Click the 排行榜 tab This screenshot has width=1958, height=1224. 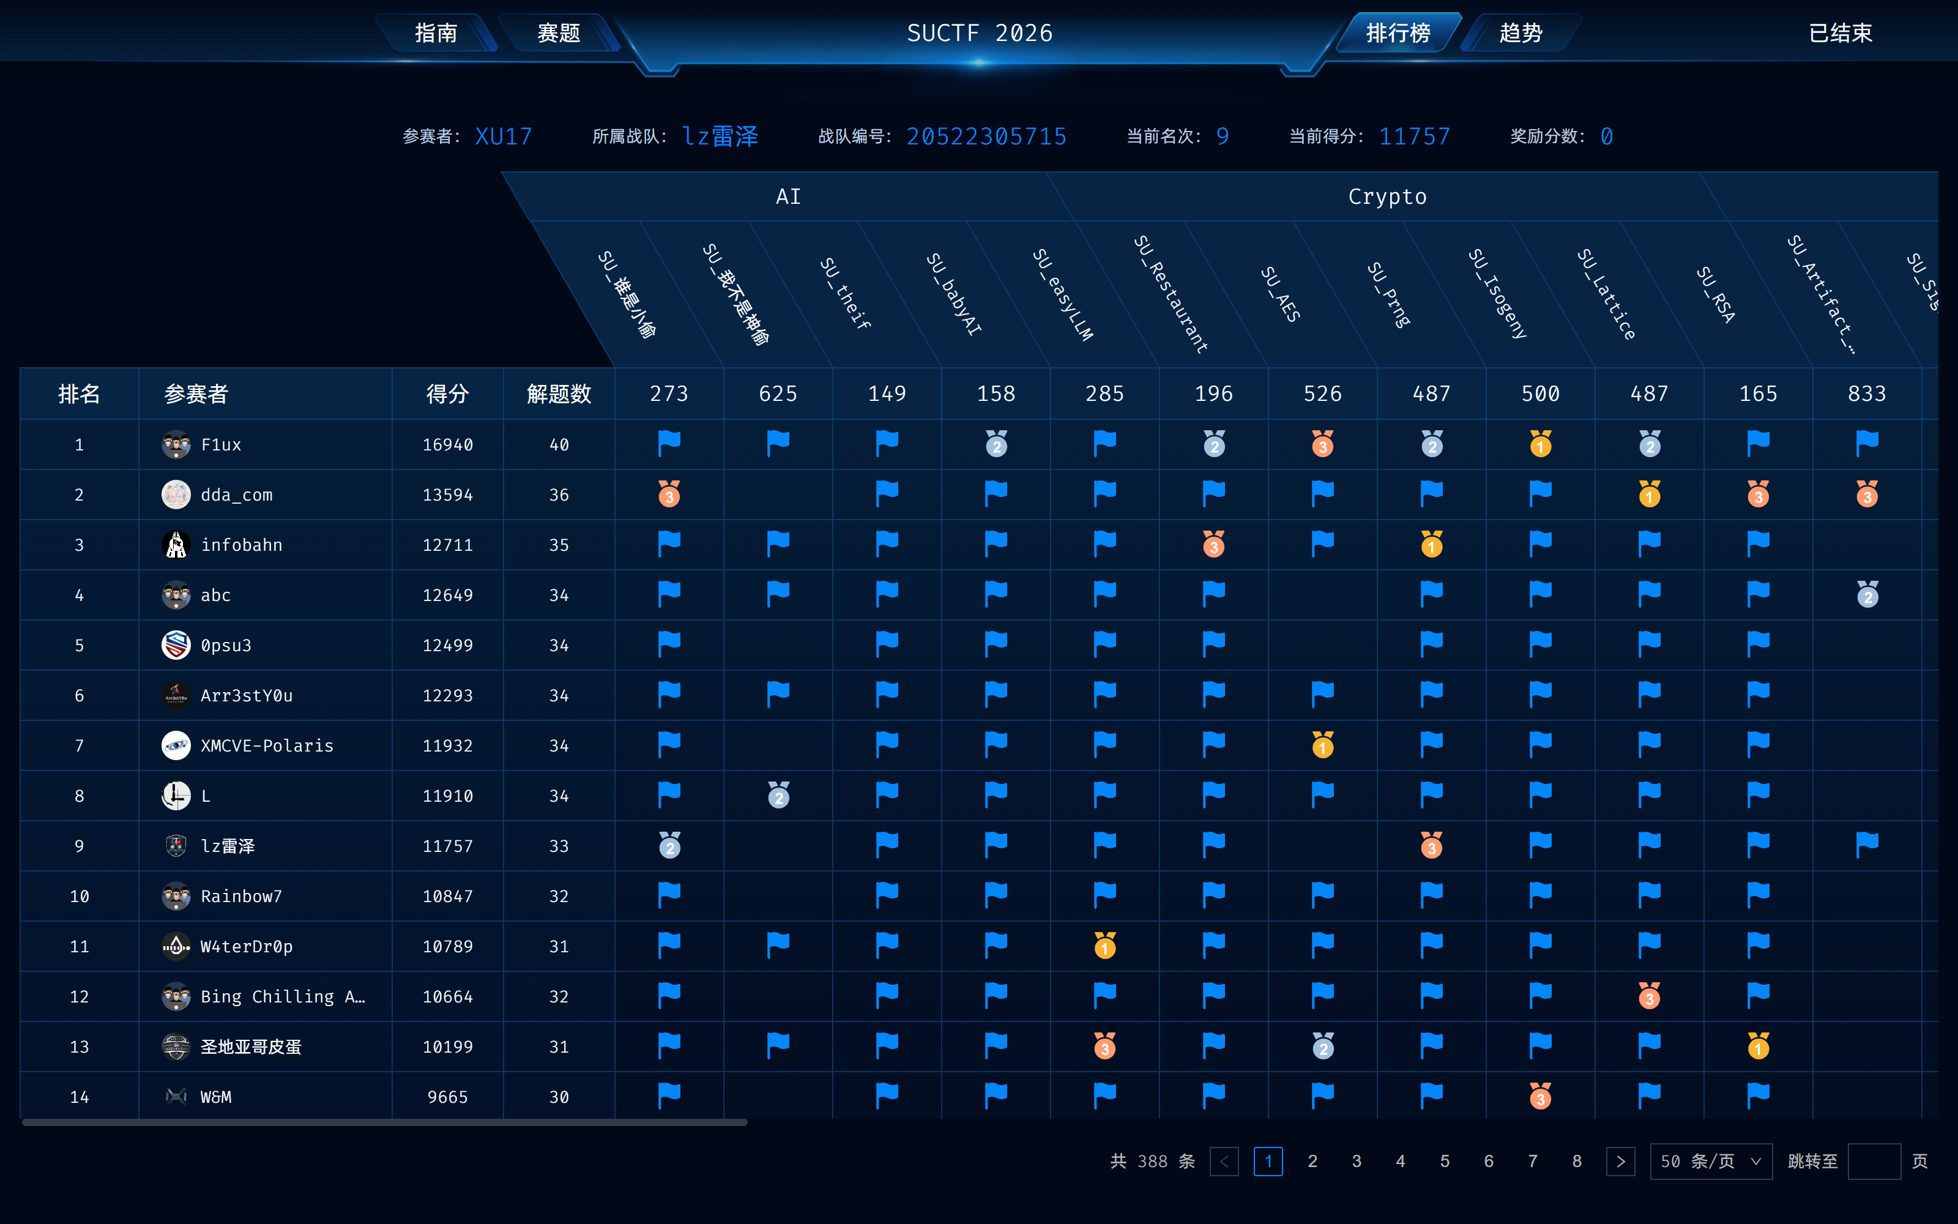coord(1398,33)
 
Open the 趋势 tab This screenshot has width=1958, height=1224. coord(1521,33)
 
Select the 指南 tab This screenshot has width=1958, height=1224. coord(436,33)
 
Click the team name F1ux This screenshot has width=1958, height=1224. coord(221,444)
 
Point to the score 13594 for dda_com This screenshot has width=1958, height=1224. coord(447,494)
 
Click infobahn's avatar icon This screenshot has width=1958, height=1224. coord(176,545)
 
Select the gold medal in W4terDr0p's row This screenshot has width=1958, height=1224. coord(1104,946)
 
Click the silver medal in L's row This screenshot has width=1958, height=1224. coord(778,795)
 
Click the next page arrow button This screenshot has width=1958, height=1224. coord(1621,1161)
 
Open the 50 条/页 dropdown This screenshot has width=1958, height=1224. coord(1710,1161)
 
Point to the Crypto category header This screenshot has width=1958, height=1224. coord(1387,196)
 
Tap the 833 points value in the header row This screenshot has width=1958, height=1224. coord(1867,394)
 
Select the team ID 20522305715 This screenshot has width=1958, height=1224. coord(986,136)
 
